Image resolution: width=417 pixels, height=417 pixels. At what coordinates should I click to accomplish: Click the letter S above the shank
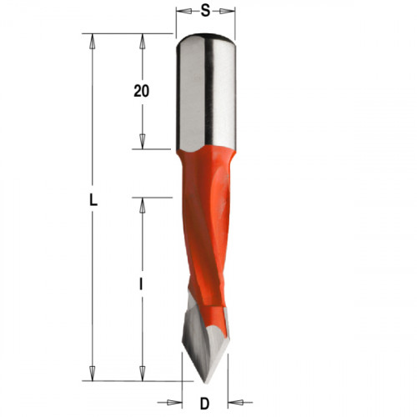[205, 11]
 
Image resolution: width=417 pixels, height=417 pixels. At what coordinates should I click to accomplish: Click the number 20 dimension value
[142, 91]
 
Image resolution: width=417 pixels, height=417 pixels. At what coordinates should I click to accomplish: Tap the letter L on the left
[93, 200]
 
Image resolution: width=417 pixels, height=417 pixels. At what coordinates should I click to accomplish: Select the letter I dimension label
[142, 284]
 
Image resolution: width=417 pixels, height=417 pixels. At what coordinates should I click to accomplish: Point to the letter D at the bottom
[204, 404]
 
